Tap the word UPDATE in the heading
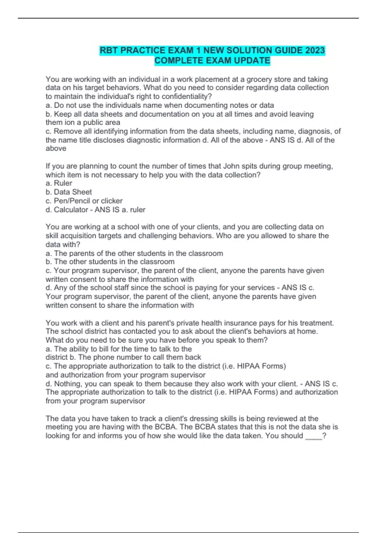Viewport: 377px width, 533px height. coord(252,61)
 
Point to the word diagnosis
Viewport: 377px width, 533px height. coord(314,131)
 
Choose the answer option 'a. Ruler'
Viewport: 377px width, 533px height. coord(59,183)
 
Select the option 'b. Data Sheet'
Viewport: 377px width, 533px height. coord(69,192)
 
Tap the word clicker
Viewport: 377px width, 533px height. coord(112,201)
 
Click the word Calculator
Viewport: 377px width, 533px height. coord(71,209)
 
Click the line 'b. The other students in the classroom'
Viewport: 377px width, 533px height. coord(110,262)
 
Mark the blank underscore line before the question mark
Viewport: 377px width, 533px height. coord(314,436)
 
